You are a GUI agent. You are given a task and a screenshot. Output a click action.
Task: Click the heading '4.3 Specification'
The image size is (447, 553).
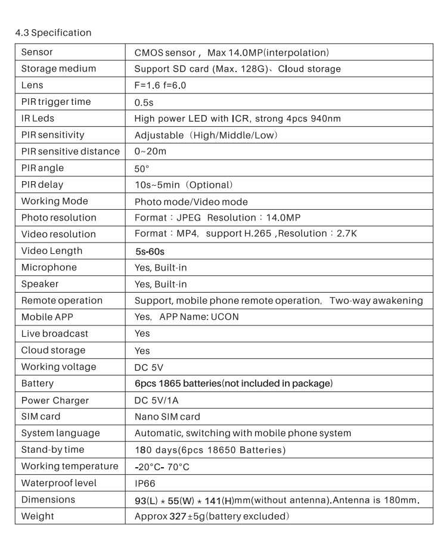point(53,33)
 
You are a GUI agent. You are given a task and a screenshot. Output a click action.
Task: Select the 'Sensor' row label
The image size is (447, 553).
point(37,52)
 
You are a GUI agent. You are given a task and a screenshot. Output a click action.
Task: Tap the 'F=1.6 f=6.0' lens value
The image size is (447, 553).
point(160,85)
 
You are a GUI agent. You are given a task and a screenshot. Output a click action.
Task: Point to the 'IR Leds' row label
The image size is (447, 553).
point(38,119)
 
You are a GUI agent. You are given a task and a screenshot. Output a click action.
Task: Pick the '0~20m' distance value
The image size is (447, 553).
point(150,151)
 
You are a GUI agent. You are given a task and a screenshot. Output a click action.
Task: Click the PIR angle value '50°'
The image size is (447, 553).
point(142,168)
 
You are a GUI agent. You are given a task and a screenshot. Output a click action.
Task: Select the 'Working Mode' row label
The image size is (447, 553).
point(54,201)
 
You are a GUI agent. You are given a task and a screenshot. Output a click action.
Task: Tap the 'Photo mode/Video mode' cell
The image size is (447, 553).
point(191,201)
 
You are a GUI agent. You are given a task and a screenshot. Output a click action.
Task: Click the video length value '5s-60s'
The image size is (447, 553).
point(150,251)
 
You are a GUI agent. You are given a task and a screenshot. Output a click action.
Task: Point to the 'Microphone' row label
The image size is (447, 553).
point(49,268)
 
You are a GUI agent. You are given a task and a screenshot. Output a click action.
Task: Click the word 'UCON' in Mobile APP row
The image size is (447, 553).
point(225,317)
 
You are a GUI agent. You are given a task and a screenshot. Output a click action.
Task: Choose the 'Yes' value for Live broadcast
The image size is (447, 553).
point(142,334)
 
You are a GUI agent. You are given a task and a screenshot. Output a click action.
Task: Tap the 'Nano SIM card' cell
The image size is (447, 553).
point(167,417)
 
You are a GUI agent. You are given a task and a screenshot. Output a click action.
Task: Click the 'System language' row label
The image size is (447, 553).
point(60,433)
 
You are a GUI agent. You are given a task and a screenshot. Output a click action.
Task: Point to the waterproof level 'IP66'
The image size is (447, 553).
point(145,483)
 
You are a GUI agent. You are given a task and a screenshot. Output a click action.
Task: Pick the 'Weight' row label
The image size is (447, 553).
point(37,516)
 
